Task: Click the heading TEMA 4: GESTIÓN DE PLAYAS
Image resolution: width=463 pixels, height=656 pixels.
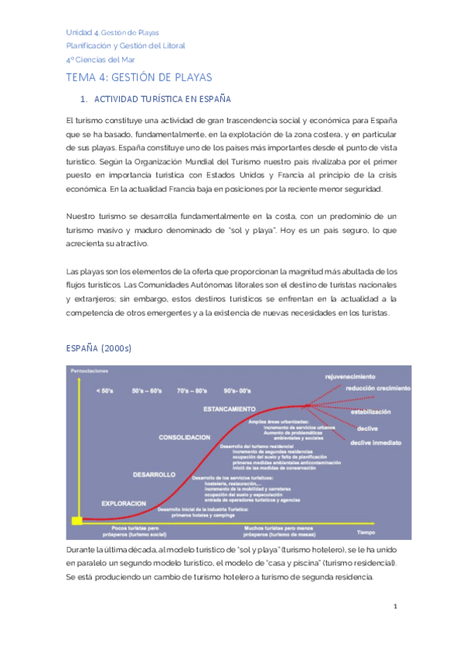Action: (139, 77)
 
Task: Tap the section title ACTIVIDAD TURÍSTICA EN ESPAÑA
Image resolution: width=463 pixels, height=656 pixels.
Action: (162, 100)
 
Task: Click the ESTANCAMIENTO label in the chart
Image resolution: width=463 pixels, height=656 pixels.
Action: (229, 408)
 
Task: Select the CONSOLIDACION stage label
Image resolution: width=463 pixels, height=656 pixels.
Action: (184, 437)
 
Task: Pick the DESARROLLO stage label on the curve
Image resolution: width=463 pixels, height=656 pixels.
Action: (154, 474)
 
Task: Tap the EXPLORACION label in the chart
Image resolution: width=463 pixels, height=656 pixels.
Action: (124, 503)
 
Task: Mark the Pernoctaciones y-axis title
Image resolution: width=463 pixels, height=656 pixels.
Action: (91, 373)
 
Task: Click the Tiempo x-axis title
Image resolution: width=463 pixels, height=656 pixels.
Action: (365, 532)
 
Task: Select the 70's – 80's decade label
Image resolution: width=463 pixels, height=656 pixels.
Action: (192, 391)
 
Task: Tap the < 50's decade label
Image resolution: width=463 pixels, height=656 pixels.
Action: (104, 391)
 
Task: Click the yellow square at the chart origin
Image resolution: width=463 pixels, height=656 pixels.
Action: (77, 521)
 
